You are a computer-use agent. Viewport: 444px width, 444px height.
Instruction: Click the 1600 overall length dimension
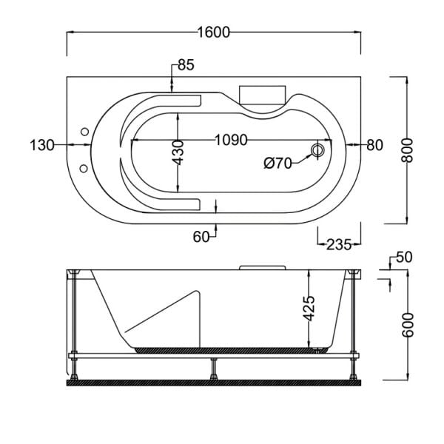[x=214, y=32]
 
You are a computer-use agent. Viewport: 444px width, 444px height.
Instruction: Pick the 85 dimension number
[x=186, y=66]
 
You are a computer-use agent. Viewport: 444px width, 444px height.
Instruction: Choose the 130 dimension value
[x=42, y=145]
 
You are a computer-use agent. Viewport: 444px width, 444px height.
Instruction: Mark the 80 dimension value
[x=374, y=145]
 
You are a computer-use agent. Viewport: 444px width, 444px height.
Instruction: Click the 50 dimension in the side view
[x=403, y=258]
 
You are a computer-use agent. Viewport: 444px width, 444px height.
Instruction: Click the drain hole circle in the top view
[x=318, y=150]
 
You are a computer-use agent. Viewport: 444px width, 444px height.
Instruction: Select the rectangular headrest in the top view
[x=262, y=94]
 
